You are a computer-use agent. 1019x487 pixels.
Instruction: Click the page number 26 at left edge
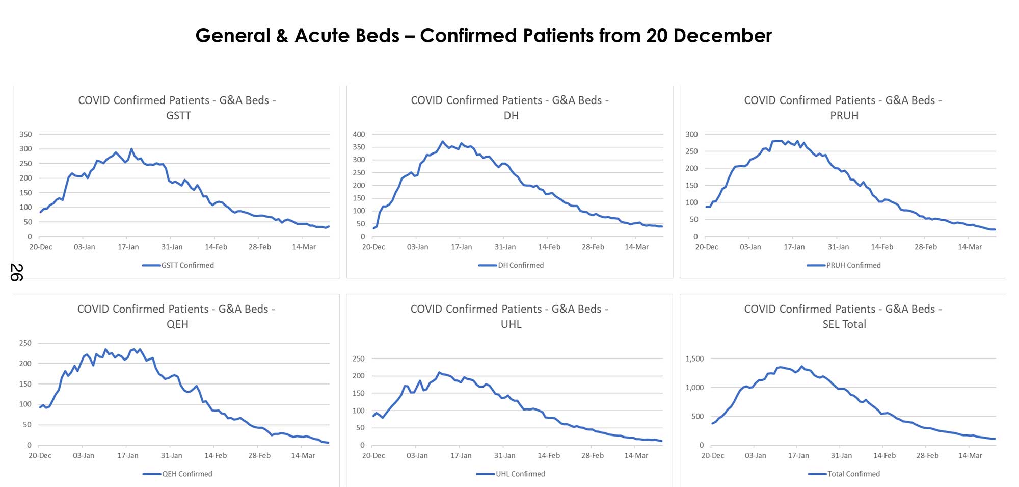(x=16, y=272)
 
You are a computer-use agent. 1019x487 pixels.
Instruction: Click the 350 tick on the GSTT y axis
(x=25, y=134)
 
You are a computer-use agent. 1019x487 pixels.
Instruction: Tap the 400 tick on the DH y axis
(x=359, y=134)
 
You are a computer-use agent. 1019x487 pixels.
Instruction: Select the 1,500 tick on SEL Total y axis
(x=694, y=358)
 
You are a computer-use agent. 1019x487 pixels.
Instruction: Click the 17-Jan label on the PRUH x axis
(x=794, y=247)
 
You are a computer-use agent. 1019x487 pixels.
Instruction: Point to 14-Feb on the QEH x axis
(x=216, y=455)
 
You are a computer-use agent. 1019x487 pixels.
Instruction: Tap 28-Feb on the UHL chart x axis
(x=593, y=455)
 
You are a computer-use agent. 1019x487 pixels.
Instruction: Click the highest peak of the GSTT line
(x=131, y=149)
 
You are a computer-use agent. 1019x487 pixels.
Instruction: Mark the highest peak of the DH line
(x=442, y=141)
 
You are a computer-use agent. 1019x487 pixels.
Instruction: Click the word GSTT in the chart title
(x=178, y=116)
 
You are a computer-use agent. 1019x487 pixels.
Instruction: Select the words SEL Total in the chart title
(x=844, y=324)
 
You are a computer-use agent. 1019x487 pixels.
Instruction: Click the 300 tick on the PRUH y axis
(x=691, y=134)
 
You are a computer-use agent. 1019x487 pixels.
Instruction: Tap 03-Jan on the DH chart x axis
(x=417, y=247)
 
